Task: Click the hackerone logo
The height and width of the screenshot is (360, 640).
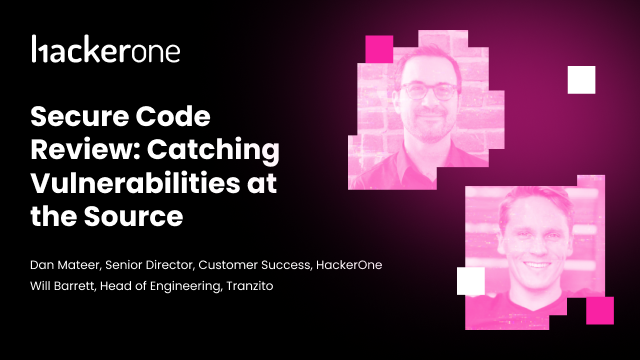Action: point(106,49)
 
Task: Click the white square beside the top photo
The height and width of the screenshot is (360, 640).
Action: point(581,79)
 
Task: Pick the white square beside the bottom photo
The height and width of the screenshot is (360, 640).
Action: point(470,281)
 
